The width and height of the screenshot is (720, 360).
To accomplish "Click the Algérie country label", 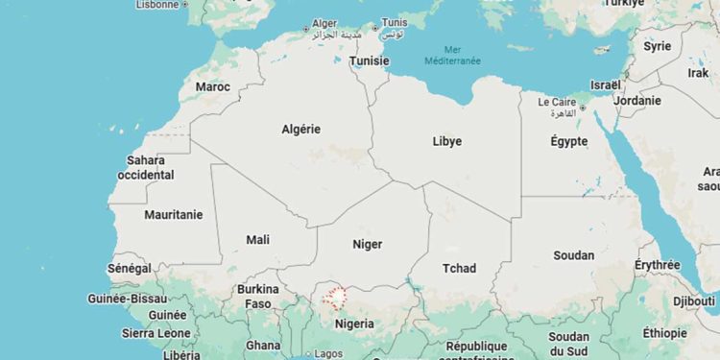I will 301,129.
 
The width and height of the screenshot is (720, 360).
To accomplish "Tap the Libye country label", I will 447,141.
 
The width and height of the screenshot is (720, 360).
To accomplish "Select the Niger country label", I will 367,244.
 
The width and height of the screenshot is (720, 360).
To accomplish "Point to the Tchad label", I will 459,268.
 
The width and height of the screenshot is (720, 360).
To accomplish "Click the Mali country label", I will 258,240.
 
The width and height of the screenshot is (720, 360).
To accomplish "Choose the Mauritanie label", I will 174,215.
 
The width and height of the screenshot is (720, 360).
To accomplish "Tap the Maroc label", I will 213,86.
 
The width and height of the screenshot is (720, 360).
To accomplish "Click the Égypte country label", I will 568,141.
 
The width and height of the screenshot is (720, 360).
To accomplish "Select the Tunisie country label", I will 370,60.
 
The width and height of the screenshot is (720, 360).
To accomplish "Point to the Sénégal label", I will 129,269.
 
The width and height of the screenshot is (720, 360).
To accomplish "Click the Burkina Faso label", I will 257,296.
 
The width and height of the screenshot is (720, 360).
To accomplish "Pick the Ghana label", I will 263,346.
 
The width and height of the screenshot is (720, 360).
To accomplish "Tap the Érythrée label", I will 658,265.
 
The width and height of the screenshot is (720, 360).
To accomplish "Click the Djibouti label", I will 693,301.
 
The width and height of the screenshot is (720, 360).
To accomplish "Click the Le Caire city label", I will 556,102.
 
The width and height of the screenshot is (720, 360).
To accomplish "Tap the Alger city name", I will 326,23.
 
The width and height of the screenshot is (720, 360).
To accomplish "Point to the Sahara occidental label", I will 146,168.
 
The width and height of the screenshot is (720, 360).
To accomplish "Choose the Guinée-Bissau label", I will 128,299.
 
